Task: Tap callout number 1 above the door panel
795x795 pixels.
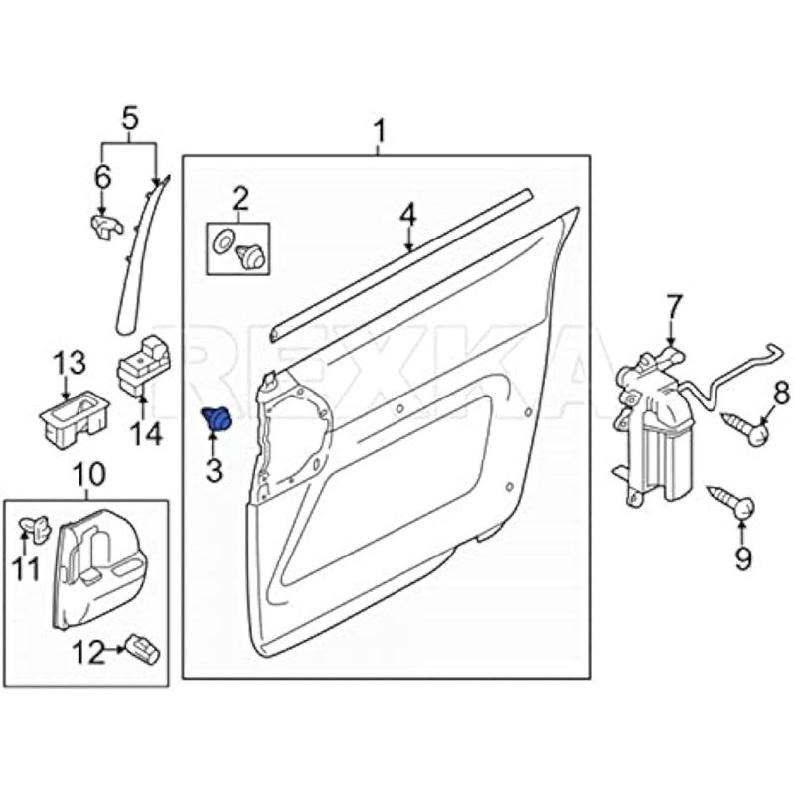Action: [379, 131]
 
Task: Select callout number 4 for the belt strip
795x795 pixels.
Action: [407, 213]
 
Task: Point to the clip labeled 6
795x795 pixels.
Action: [103, 225]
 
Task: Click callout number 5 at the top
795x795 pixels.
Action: [129, 120]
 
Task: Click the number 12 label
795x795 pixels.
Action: [88, 653]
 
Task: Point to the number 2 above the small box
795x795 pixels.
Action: [238, 197]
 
